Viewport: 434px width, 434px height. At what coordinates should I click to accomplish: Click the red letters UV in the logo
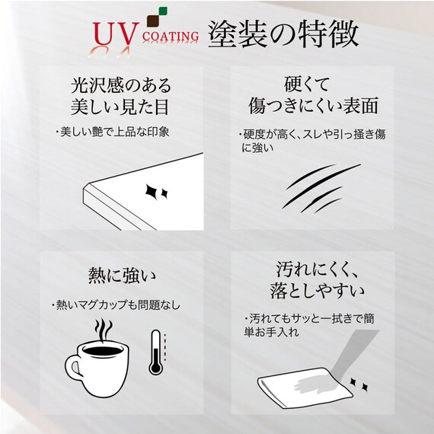tap(116, 34)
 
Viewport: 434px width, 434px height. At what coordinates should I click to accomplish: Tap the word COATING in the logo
tap(171, 37)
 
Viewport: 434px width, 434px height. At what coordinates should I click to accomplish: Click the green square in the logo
tap(163, 11)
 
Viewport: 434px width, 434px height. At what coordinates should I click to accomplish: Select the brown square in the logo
tap(153, 21)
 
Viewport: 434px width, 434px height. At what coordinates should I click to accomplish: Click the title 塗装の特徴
tap(283, 34)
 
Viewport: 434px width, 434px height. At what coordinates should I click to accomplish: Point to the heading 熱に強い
tap(122, 276)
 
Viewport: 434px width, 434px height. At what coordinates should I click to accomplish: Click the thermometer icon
tap(156, 352)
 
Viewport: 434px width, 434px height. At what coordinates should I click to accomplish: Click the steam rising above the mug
tap(104, 330)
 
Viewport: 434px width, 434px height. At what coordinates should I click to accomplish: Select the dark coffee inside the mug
tap(103, 351)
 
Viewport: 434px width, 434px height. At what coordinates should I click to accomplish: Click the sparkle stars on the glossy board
tap(156, 192)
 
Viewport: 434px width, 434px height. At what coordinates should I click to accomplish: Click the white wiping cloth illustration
tap(305, 388)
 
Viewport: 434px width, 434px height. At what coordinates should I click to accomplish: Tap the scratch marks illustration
tap(321, 188)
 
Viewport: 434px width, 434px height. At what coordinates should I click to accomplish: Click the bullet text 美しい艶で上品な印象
tap(112, 132)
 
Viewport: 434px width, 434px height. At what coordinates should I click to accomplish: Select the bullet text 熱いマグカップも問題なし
tap(116, 305)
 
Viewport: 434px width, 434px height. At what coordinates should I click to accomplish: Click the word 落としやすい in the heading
tap(318, 291)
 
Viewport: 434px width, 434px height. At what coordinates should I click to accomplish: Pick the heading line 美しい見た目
tap(120, 107)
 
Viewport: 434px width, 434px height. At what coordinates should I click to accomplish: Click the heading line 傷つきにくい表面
tap(313, 106)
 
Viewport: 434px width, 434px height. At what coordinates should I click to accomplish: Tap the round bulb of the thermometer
tap(155, 368)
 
